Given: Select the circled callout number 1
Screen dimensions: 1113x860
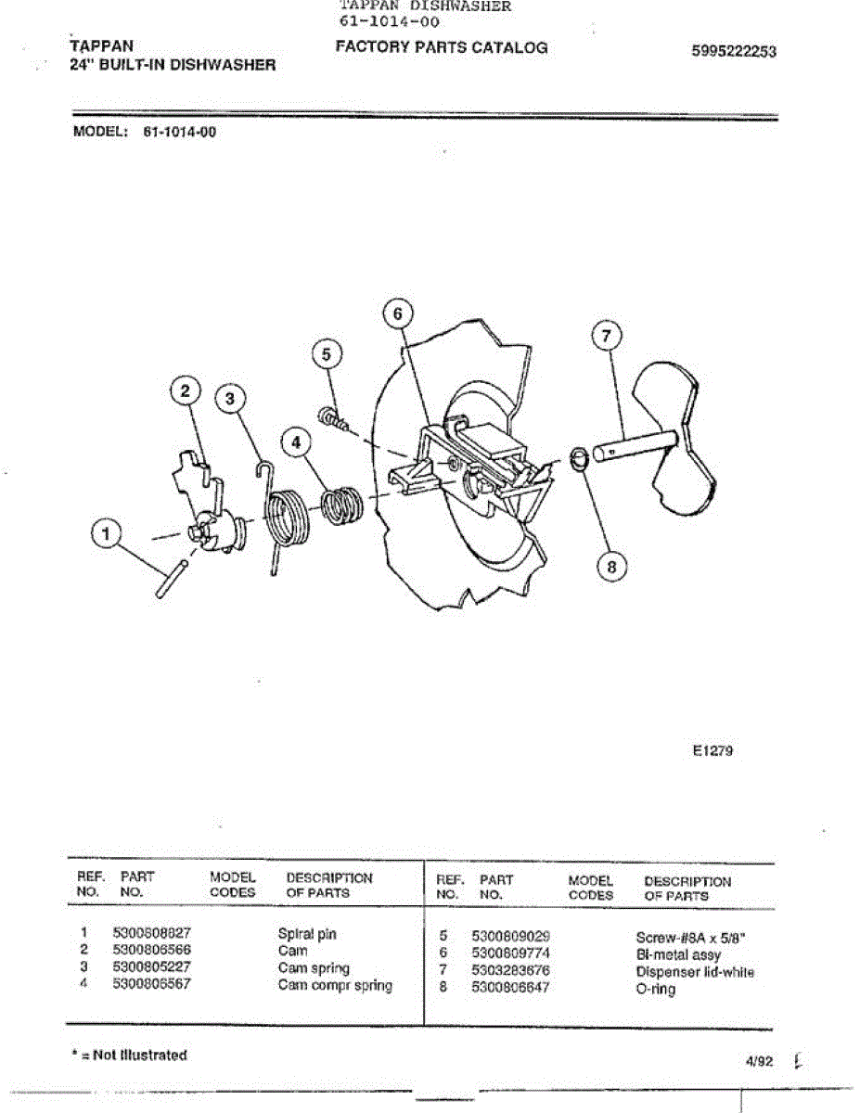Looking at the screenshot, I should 109,534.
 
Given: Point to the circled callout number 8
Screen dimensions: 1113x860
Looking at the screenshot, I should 611,565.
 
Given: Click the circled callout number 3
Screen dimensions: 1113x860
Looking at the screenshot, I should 231,399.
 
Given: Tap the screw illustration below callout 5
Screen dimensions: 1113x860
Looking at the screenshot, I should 335,419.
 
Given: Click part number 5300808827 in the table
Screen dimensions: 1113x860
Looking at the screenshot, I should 151,934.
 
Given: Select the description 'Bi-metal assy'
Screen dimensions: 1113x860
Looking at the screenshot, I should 678,954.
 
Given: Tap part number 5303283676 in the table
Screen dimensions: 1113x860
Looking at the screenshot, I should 510,971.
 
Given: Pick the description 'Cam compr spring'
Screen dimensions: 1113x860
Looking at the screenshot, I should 335,985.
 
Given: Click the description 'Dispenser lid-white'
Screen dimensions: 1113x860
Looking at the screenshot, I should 695,972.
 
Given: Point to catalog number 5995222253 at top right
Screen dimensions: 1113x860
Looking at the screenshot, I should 734,52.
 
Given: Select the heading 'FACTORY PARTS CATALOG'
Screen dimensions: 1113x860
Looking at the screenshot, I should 442,47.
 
